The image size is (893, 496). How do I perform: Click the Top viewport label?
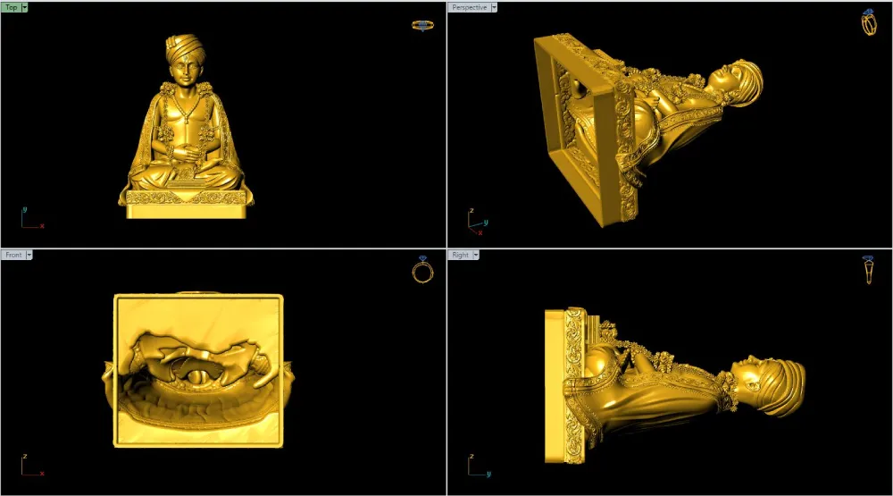click(12, 7)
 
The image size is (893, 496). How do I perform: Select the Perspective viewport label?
click(470, 7)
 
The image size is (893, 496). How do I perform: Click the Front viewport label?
click(13, 255)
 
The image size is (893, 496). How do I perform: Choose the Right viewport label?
click(460, 255)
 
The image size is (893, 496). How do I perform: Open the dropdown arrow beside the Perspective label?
click(494, 7)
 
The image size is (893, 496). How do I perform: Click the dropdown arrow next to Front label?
click(29, 255)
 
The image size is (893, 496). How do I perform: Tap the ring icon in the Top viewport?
click(422, 26)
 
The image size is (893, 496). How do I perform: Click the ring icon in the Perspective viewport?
click(869, 23)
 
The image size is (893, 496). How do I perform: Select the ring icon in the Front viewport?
click(422, 270)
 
